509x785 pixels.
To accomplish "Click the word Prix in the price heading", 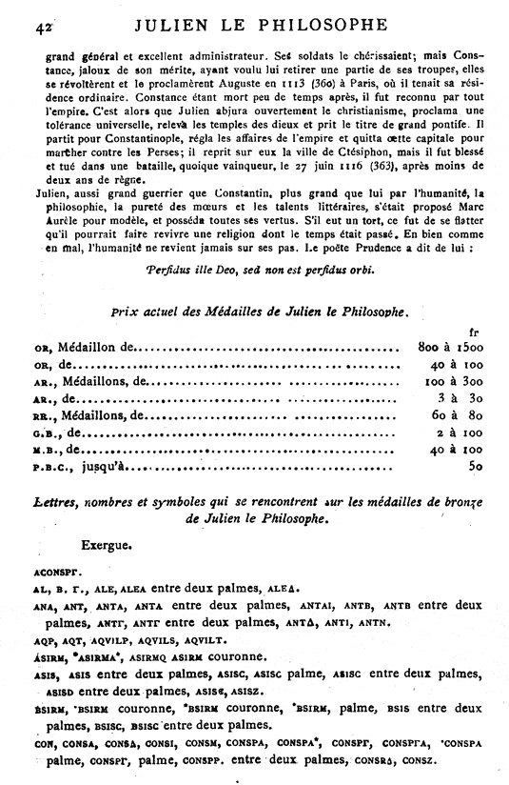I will [125, 312].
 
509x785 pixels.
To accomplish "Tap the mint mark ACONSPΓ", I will [56, 574].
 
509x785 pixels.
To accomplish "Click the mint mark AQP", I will [42, 640].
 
